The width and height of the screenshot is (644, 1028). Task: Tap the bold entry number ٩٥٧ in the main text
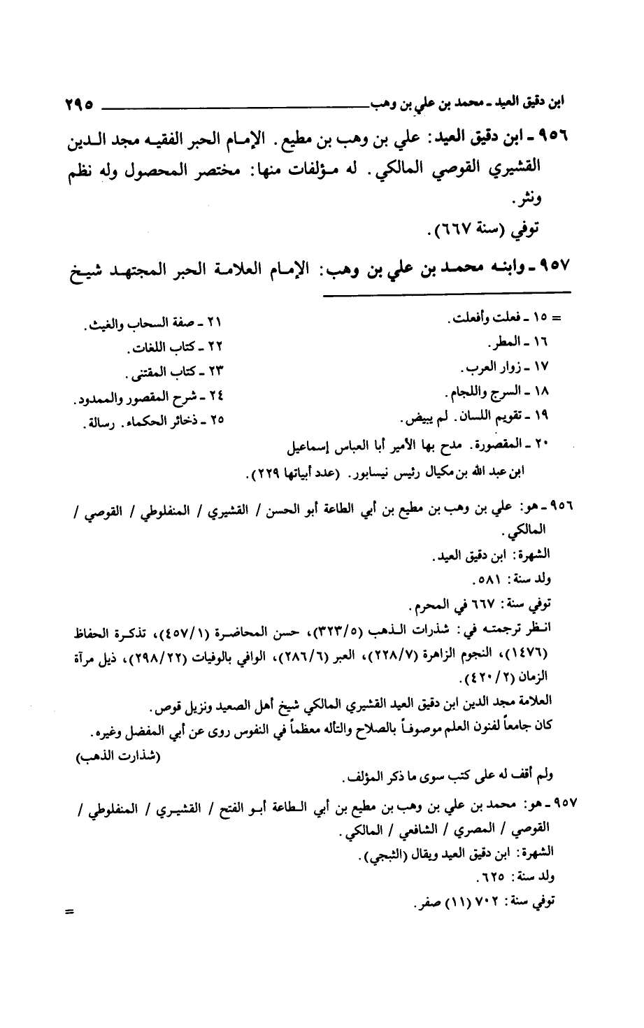tap(559, 269)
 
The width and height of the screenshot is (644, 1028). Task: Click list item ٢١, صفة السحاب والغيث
tap(158, 324)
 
